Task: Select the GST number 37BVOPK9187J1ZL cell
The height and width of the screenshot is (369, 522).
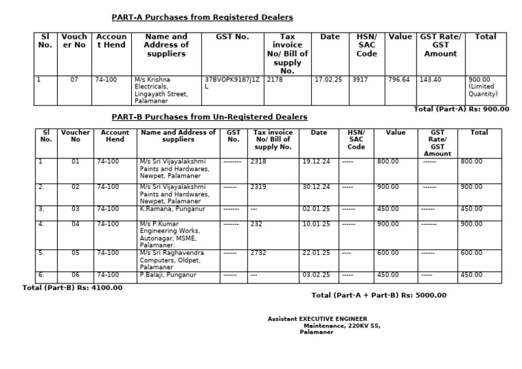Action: point(232,83)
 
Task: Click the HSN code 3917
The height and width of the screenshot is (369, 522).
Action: point(360,80)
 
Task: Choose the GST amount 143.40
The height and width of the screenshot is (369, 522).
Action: point(430,80)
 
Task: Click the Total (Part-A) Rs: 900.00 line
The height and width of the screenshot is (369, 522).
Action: point(462,109)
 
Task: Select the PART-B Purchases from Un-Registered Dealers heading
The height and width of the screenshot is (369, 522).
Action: point(209,117)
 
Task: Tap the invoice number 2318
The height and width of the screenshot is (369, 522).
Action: point(258,161)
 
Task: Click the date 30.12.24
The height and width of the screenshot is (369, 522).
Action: point(315,187)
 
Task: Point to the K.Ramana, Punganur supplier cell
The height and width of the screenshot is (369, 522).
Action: point(167,209)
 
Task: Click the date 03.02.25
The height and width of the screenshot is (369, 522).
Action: point(315,275)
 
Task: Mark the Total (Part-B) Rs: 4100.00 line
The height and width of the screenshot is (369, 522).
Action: point(73,287)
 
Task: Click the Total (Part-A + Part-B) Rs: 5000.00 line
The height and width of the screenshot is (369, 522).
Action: point(379,295)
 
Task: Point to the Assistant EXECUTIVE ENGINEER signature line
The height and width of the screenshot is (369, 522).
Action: point(317,319)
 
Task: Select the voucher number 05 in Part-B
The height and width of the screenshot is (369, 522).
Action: point(75,253)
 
